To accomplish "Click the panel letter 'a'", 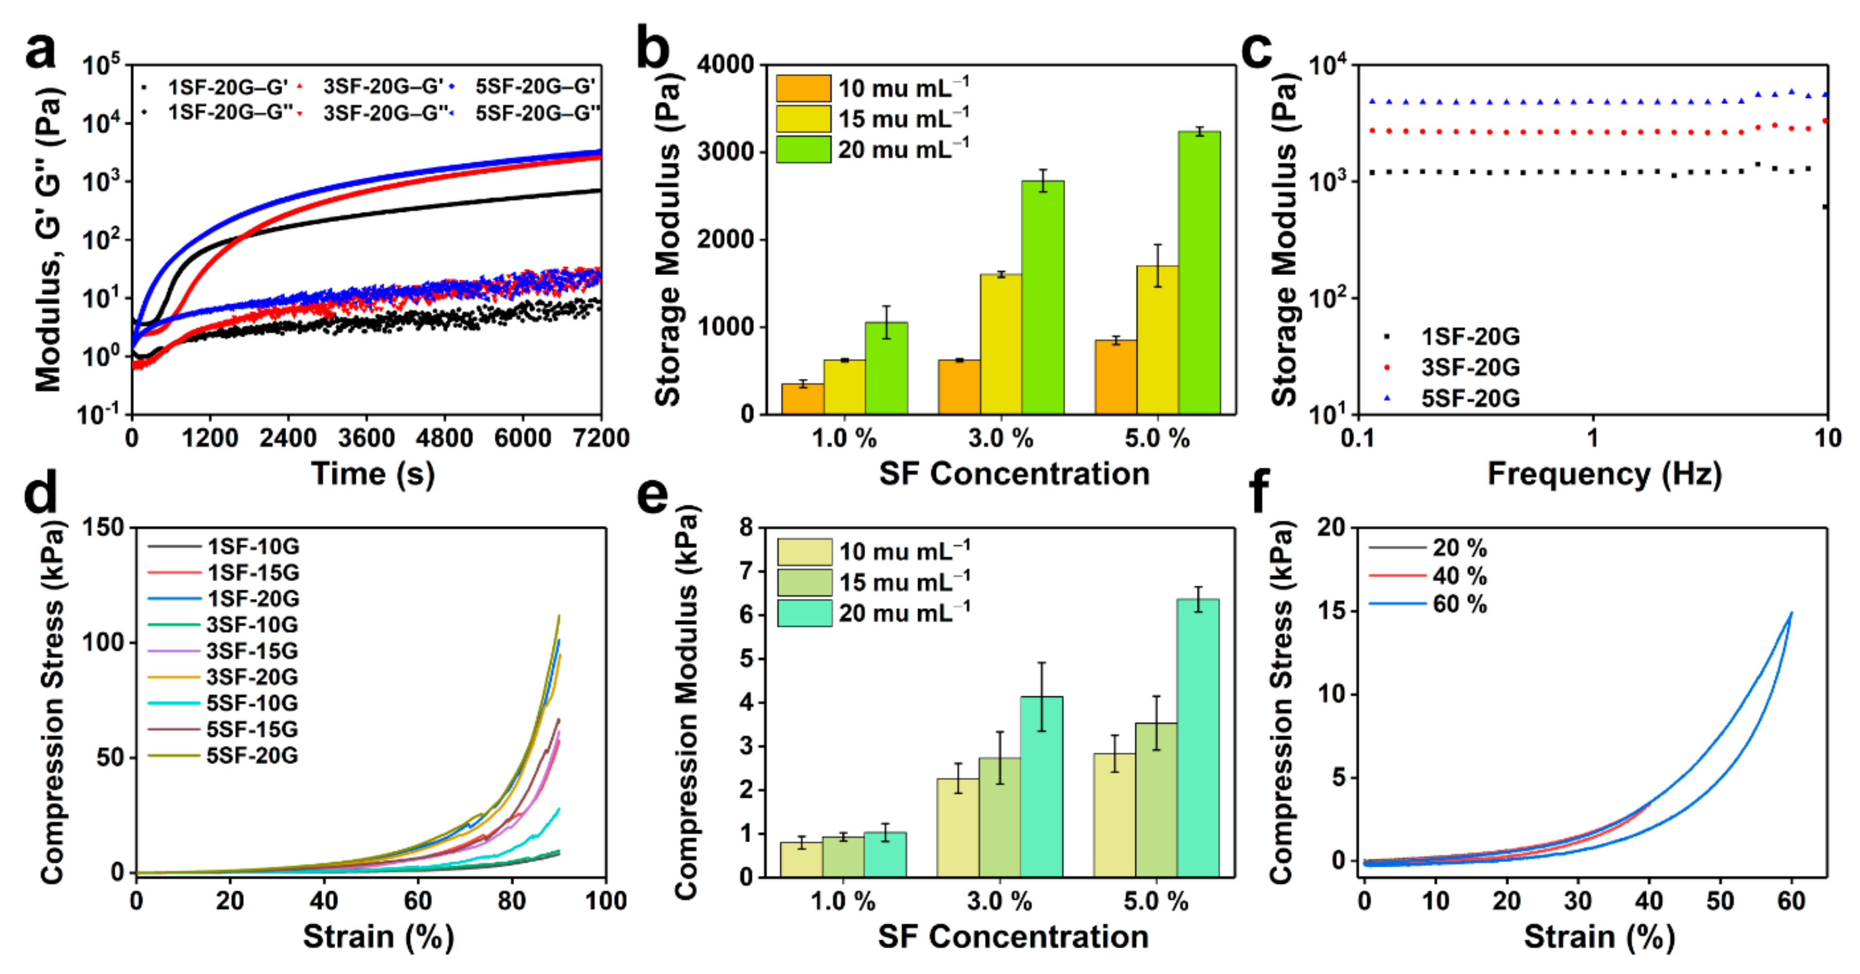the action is (40, 51).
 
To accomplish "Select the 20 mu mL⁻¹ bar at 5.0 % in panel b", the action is (1199, 273).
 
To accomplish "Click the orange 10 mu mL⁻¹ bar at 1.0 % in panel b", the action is (802, 400).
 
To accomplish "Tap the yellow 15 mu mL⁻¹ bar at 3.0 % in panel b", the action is (1001, 345).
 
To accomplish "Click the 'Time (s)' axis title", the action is (373, 474).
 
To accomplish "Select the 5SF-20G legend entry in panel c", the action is (1451, 398).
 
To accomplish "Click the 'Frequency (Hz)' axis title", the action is (1604, 474).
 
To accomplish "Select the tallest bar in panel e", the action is (1198, 738).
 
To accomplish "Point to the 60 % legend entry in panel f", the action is (1428, 604).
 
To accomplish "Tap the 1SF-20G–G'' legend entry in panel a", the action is (217, 113).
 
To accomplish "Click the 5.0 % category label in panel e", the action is (1156, 901).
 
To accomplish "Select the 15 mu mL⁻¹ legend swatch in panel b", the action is (803, 119).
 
